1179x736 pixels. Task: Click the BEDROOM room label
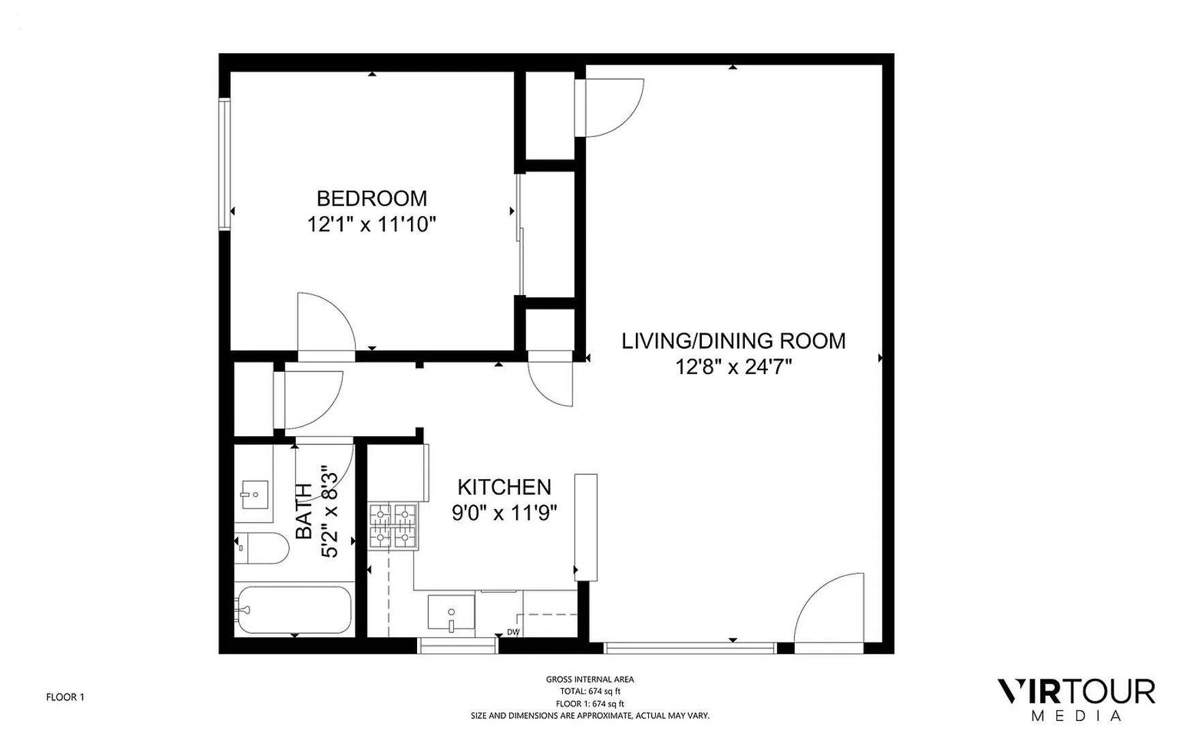pos(371,198)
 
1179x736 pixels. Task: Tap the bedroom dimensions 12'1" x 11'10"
pos(371,224)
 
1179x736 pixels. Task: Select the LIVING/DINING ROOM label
pos(733,341)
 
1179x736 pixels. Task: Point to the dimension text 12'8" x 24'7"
pos(733,367)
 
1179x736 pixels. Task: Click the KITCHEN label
pos(504,487)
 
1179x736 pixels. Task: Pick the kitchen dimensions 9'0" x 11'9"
pos(504,512)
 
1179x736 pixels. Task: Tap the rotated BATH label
pos(305,510)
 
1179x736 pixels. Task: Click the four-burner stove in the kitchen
pos(393,526)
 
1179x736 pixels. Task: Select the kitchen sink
pos(450,612)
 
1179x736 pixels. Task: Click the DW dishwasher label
pos(513,632)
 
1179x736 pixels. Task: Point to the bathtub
pos(294,610)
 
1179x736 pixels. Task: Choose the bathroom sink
pos(255,495)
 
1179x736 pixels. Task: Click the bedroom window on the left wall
pos(224,164)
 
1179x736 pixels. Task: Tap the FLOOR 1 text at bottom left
pos(65,697)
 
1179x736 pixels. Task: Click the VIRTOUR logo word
pos(1077,692)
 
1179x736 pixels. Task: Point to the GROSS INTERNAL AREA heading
pos(589,679)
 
